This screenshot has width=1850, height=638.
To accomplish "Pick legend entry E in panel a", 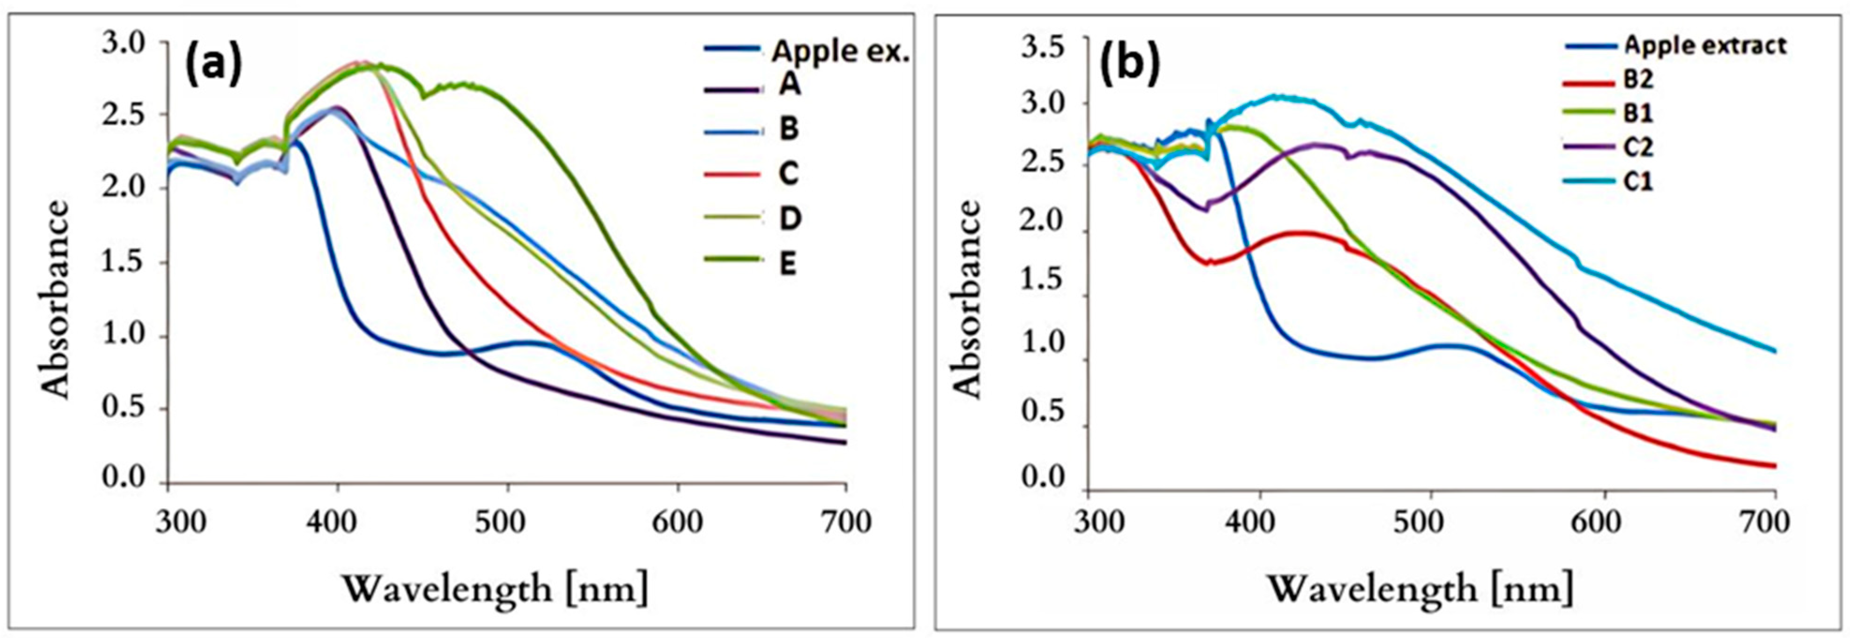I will coord(788,264).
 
